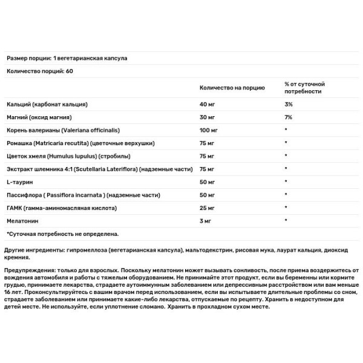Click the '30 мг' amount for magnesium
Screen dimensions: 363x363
click(208, 118)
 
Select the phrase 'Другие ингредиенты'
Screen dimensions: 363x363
click(33, 249)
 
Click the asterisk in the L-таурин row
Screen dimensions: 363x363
click(286, 181)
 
